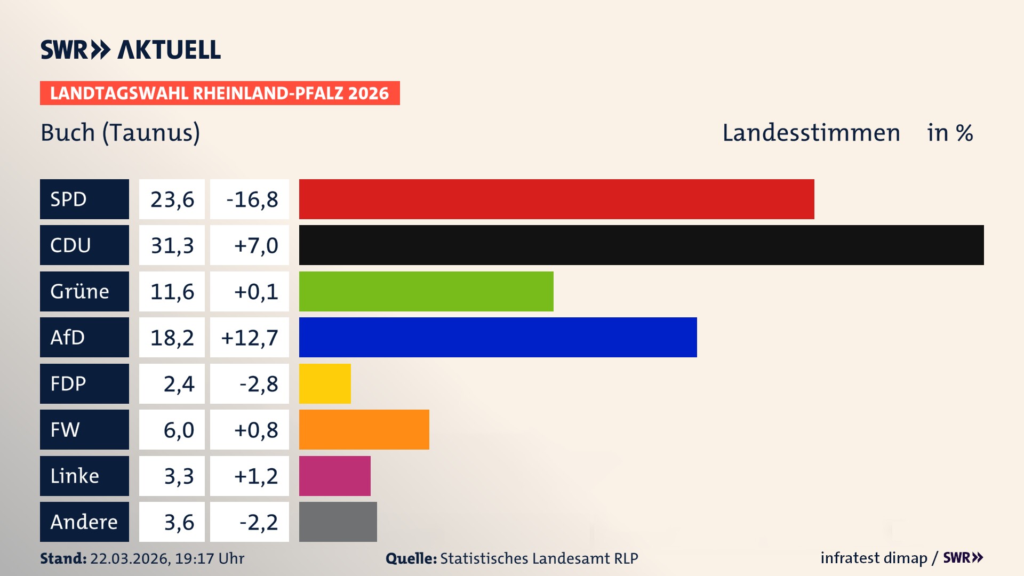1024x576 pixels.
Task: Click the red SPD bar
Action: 556,199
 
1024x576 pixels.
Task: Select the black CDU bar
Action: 641,245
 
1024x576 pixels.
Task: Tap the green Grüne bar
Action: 426,291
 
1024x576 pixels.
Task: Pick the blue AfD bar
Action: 498,337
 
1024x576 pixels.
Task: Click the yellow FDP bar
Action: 325,383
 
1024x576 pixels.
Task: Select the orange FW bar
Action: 364,429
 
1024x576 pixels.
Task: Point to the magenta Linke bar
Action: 334,476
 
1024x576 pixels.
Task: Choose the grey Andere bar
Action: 338,522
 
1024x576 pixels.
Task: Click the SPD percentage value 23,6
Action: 172,199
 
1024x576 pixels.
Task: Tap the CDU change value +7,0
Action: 255,245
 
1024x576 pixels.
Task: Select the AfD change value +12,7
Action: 250,338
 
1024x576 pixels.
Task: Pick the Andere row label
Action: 84,522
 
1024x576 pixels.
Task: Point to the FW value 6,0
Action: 178,430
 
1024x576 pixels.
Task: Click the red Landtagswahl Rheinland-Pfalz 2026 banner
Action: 219,93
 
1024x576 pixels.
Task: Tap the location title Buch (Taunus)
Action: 121,133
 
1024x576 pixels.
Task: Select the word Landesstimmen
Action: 811,133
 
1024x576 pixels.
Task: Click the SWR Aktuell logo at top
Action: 131,50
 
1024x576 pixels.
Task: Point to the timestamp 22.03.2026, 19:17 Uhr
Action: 167,558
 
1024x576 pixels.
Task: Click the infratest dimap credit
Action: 873,558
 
